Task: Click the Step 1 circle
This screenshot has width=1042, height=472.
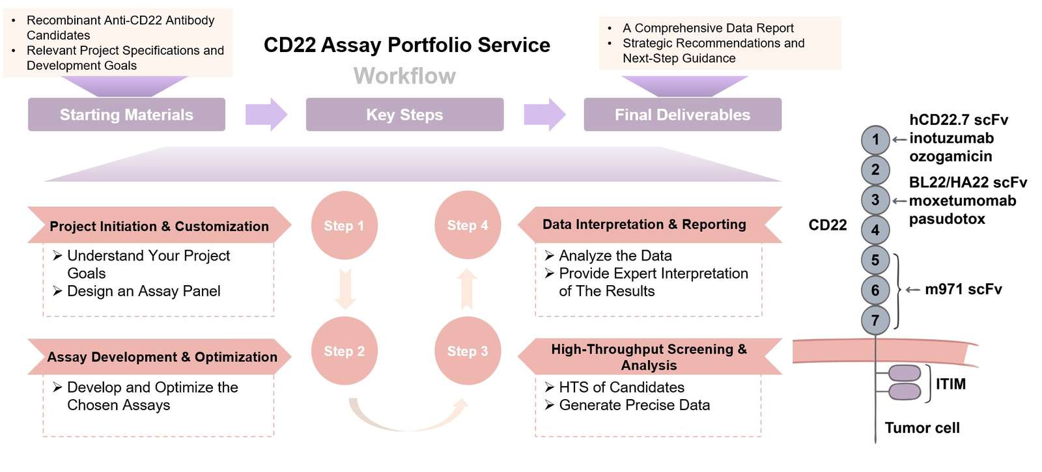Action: [x=344, y=225]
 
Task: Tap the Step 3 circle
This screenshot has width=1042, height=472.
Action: [x=467, y=351]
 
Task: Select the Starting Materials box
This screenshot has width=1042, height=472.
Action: [x=126, y=115]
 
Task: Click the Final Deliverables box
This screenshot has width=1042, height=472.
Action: [x=682, y=115]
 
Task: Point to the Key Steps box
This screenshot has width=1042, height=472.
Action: [x=404, y=115]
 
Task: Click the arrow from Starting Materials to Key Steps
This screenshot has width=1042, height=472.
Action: [x=266, y=115]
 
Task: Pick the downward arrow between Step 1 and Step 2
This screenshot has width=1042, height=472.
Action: [x=345, y=288]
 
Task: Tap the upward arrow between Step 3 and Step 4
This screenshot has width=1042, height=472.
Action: [x=467, y=288]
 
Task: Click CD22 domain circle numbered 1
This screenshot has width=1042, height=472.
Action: [x=875, y=139]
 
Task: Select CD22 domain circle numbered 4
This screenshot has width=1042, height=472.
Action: [x=875, y=230]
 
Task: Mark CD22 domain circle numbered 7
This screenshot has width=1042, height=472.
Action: [x=875, y=320]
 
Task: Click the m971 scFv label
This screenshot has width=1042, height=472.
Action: [x=963, y=289]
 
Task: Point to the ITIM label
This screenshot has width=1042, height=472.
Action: [x=950, y=384]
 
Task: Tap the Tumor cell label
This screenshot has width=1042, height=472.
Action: [x=922, y=428]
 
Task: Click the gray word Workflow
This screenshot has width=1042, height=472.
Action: [x=404, y=76]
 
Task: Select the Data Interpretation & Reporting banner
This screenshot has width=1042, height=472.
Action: [x=644, y=225]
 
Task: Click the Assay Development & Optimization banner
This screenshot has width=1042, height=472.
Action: [x=162, y=357]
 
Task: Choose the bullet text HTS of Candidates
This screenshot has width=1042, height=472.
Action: [x=621, y=387]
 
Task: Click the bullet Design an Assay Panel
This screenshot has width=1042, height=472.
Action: [x=143, y=291]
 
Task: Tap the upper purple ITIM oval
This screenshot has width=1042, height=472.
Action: [x=905, y=373]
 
